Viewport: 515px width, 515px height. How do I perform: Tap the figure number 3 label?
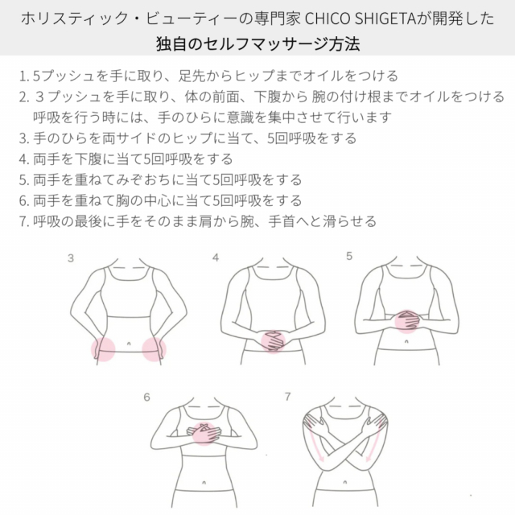[71, 259]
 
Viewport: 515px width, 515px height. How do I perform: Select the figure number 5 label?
[349, 257]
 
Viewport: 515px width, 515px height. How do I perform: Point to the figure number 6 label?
[146, 397]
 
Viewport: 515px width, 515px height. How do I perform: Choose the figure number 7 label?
[289, 397]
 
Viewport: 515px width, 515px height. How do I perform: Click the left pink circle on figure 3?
[104, 349]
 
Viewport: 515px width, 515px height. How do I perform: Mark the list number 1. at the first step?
[22, 77]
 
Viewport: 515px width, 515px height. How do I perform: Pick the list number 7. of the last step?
[22, 220]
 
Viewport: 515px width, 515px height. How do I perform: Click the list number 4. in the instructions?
[22, 159]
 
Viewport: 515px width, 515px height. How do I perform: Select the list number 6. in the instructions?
[22, 200]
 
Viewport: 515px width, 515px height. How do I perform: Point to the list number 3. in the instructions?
[22, 138]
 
